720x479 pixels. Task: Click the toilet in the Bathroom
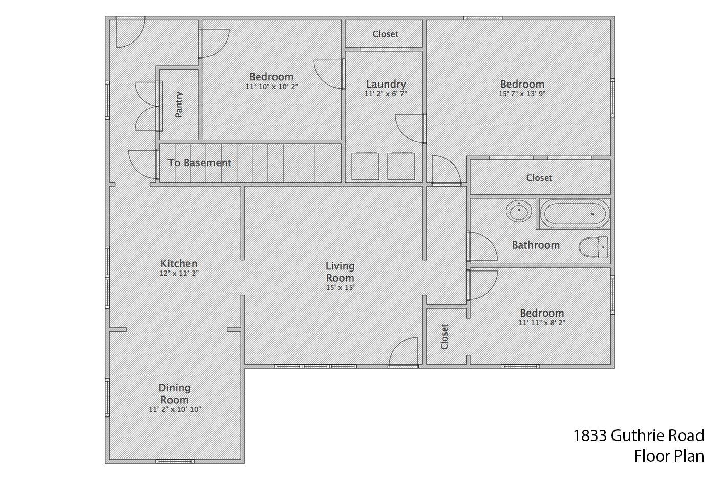[x=594, y=247]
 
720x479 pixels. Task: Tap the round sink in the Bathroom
[x=518, y=211]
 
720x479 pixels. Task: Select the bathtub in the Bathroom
[x=575, y=214]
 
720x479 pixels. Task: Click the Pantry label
[x=179, y=105]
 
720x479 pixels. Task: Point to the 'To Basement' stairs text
[x=200, y=163]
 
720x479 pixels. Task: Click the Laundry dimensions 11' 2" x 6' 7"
[x=386, y=94]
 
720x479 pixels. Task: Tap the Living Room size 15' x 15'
[x=340, y=288]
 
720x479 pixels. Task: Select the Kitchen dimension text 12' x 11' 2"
[x=179, y=273]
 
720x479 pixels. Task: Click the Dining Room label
[x=175, y=394]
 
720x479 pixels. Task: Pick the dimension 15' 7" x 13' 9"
[x=522, y=94]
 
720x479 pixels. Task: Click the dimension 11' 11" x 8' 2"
[x=542, y=322]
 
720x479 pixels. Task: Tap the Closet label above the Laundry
[x=385, y=34]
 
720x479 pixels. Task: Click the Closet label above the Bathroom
[x=539, y=178]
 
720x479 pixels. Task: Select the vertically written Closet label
[x=444, y=337]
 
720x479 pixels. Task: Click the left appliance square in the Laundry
[x=365, y=166]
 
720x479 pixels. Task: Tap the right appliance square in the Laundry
[x=401, y=166]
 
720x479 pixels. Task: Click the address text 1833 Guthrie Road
[x=639, y=435]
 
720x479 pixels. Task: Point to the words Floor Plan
[x=669, y=456]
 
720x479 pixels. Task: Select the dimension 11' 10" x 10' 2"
[x=271, y=87]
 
